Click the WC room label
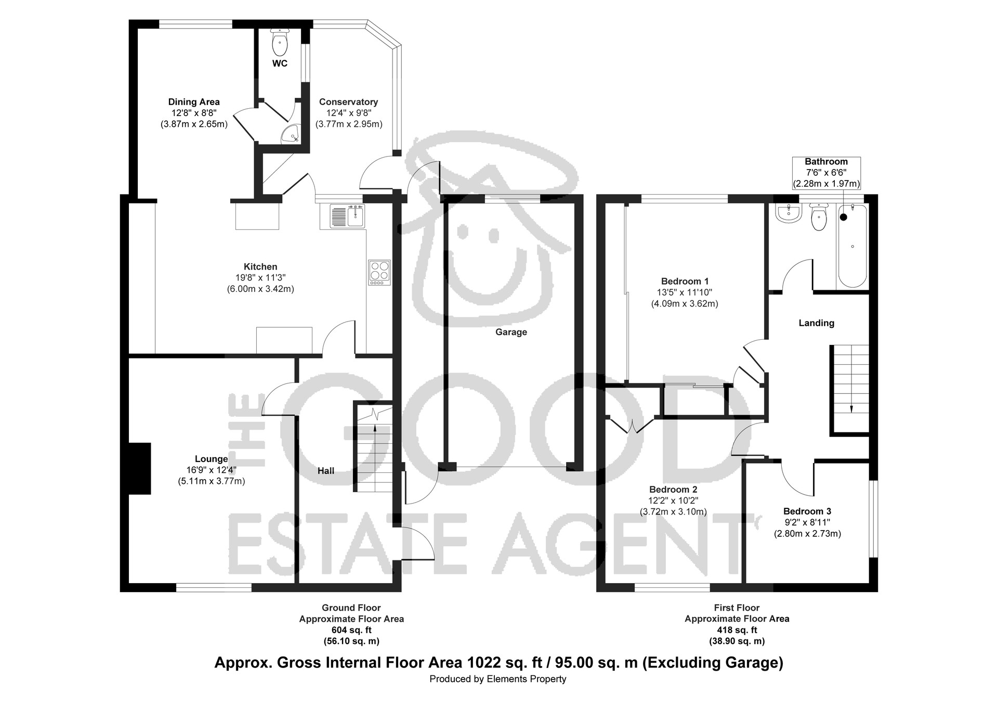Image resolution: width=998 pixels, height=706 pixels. [x=280, y=63]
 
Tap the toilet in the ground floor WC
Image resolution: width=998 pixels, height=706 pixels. [x=280, y=42]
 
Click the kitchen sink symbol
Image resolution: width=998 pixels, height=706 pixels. [x=348, y=216]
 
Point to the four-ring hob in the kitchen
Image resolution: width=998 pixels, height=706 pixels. [x=379, y=273]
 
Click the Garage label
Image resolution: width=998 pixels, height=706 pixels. [x=511, y=332]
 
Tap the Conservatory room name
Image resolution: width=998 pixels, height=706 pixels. [x=348, y=102]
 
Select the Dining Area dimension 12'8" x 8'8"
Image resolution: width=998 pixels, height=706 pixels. [x=194, y=113]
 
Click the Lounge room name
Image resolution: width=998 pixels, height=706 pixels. [x=212, y=459]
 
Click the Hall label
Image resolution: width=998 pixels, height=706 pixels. [x=326, y=471]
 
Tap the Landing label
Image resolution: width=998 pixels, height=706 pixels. [x=817, y=323]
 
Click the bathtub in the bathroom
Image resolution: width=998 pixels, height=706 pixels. [x=852, y=246]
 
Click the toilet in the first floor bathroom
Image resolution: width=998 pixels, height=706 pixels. [x=819, y=217]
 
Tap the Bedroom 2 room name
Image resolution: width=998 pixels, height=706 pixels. [x=673, y=490]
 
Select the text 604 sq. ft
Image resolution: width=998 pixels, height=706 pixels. [x=351, y=630]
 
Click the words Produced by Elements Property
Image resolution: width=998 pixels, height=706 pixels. [x=498, y=679]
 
